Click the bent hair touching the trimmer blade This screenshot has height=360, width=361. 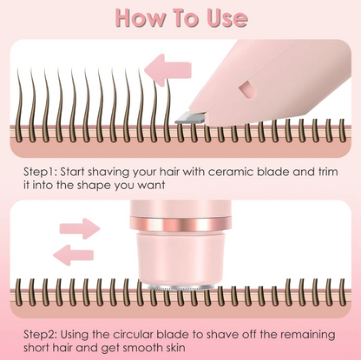[159, 98]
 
